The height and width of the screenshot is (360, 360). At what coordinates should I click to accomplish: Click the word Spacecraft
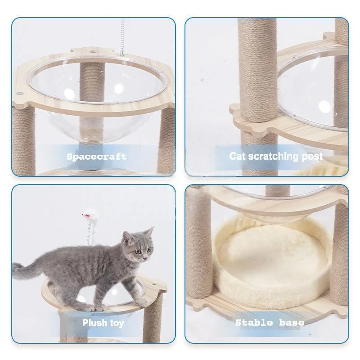click(96, 157)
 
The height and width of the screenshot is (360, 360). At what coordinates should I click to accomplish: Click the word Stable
click(254, 323)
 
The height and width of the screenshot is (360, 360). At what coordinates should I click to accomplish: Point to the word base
click(292, 323)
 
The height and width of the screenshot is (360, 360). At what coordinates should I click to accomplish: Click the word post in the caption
click(312, 157)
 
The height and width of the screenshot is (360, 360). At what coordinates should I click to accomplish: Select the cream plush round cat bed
click(271, 262)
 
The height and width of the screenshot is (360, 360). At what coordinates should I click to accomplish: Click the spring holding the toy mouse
click(89, 233)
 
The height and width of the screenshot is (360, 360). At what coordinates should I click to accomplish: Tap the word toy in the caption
click(117, 323)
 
